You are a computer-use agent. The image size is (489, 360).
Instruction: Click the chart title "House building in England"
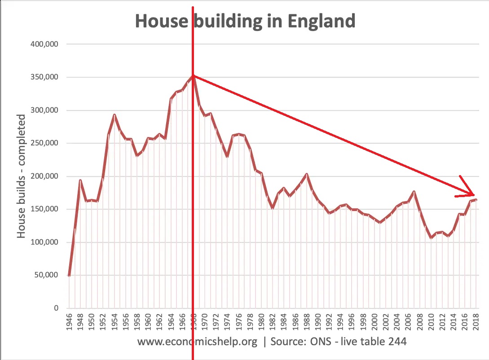point(245,21)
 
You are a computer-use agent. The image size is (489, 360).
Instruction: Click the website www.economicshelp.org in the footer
point(197,342)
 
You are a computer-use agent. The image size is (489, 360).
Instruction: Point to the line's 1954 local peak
point(115,114)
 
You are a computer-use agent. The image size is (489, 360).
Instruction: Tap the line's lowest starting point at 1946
point(69,276)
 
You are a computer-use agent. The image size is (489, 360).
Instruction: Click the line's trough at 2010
point(431,237)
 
